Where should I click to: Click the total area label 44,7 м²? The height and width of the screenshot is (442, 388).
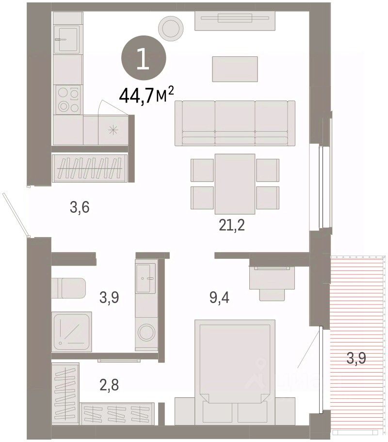pyautogui.click(x=146, y=95)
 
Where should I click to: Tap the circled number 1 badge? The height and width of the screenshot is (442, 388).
pyautogui.click(x=144, y=58)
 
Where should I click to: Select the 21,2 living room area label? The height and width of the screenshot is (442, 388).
pyautogui.click(x=232, y=225)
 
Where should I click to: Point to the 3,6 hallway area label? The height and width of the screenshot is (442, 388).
pyautogui.click(x=80, y=207)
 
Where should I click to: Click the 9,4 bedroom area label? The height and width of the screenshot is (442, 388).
pyautogui.click(x=219, y=298)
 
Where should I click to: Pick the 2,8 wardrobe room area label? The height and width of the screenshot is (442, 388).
pyautogui.click(x=109, y=385)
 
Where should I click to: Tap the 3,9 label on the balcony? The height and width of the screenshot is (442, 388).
pyautogui.click(x=356, y=358)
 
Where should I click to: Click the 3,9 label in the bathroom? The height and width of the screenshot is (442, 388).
pyautogui.click(x=109, y=297)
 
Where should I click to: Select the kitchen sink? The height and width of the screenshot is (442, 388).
pyautogui.click(x=68, y=39)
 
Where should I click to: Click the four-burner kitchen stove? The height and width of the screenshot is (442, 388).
pyautogui.click(x=68, y=100)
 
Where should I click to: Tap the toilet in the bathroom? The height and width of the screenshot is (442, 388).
pyautogui.click(x=68, y=288)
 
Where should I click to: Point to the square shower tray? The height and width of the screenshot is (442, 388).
pyautogui.click(x=72, y=331)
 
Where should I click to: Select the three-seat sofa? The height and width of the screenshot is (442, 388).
pyautogui.click(x=235, y=123)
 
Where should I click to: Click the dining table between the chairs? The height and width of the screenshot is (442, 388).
pyautogui.click(x=235, y=184)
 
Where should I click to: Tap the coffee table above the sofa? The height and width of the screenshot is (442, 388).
pyautogui.click(x=235, y=69)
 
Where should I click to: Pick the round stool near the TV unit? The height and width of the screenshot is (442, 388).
pyautogui.click(x=171, y=28)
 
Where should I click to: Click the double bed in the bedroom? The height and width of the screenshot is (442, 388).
pyautogui.click(x=235, y=372)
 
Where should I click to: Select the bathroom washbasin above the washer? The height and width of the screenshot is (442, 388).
pyautogui.click(x=146, y=278)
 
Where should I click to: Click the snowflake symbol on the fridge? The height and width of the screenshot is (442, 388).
pyautogui.click(x=113, y=130)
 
